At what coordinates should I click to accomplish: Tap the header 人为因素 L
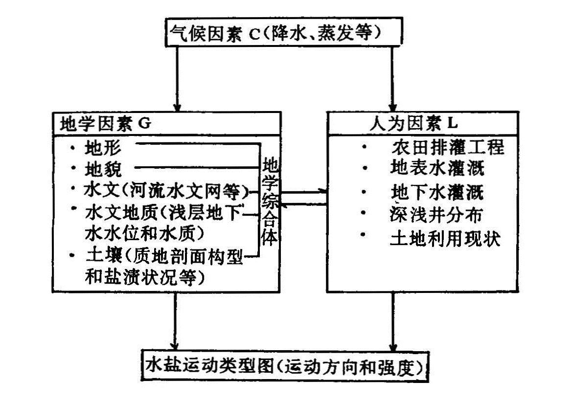click(411, 123)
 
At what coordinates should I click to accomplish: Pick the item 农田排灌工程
click(447, 146)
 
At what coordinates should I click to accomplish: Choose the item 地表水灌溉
click(437, 168)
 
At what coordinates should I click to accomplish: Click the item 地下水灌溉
click(437, 192)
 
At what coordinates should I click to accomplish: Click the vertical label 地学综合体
click(270, 201)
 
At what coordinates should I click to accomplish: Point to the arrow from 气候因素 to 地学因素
click(177, 78)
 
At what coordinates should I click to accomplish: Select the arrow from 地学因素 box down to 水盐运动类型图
click(175, 320)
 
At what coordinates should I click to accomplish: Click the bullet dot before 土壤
click(73, 255)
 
